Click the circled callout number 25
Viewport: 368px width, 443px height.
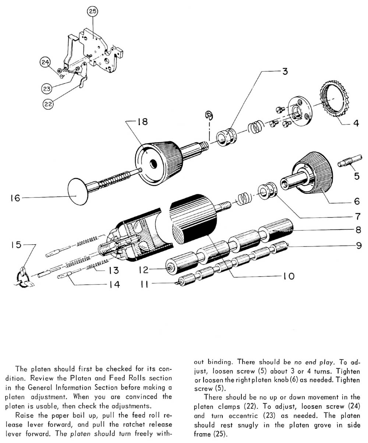(92, 12)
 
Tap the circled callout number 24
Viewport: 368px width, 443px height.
(46, 63)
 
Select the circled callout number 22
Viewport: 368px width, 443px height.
(48, 104)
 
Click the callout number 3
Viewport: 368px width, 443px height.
(284, 72)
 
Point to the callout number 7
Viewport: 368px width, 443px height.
(356, 214)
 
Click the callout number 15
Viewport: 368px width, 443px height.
(16, 245)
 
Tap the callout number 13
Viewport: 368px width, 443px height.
(113, 270)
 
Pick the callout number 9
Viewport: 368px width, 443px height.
(357, 245)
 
